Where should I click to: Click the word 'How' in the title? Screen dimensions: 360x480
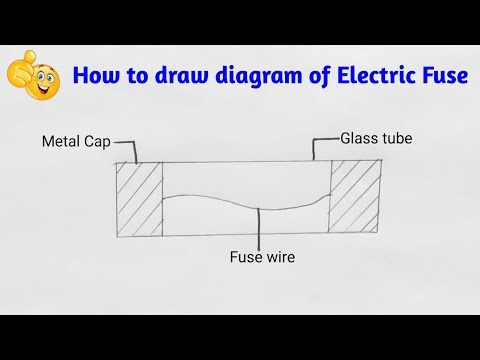tap(96, 75)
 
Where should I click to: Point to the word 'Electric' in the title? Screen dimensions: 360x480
tap(378, 75)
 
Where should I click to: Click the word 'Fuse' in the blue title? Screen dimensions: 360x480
tap(444, 75)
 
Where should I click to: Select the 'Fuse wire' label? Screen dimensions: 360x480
tap(262, 257)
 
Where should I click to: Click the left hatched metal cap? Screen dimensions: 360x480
tap(139, 199)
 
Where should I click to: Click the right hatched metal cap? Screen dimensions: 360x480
tap(354, 199)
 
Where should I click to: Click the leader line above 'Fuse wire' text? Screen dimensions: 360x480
tap(260, 228)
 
